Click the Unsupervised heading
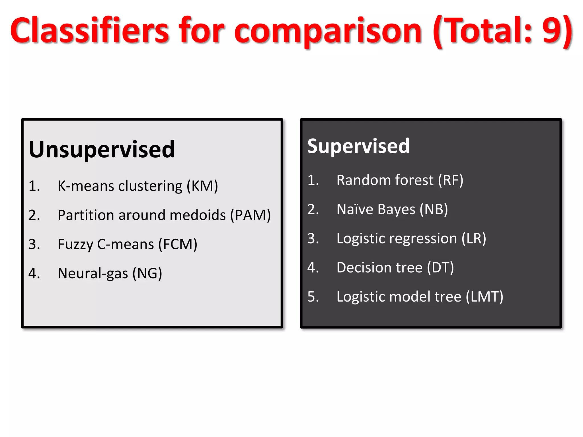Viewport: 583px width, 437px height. [x=102, y=149]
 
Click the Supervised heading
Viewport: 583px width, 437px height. [x=358, y=146]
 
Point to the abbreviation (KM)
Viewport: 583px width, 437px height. [x=202, y=186]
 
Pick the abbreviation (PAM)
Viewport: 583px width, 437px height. [x=251, y=215]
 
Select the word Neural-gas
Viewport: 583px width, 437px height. [x=93, y=274]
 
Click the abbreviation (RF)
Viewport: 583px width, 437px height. [x=451, y=180]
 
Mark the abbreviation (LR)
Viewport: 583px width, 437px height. [x=474, y=238]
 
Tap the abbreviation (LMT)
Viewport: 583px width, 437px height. [x=485, y=297]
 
